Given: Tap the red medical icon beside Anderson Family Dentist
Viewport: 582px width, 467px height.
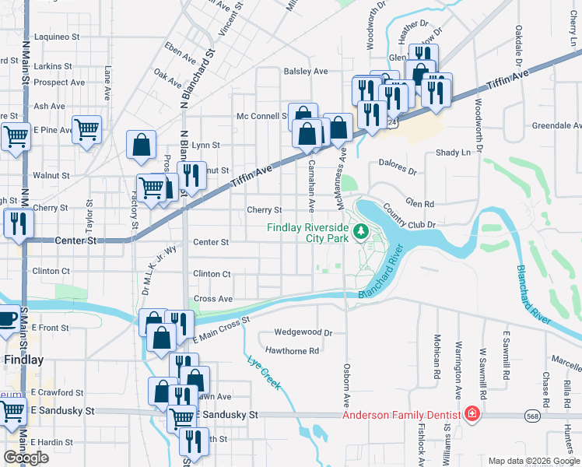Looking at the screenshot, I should tap(472, 413).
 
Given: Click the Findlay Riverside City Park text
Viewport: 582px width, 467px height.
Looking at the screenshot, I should tap(307, 233).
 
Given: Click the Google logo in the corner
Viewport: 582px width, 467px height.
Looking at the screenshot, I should tap(26, 458).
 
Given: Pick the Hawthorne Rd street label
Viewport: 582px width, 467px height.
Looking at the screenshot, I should tap(292, 351).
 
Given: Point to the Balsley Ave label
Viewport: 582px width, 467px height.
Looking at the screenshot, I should tap(306, 72).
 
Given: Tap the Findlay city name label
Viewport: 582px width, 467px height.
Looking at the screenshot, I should tap(23, 360).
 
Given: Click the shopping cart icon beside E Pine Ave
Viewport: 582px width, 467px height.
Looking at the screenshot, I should tap(87, 128).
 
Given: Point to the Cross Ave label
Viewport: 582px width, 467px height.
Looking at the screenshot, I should tap(213, 299).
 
